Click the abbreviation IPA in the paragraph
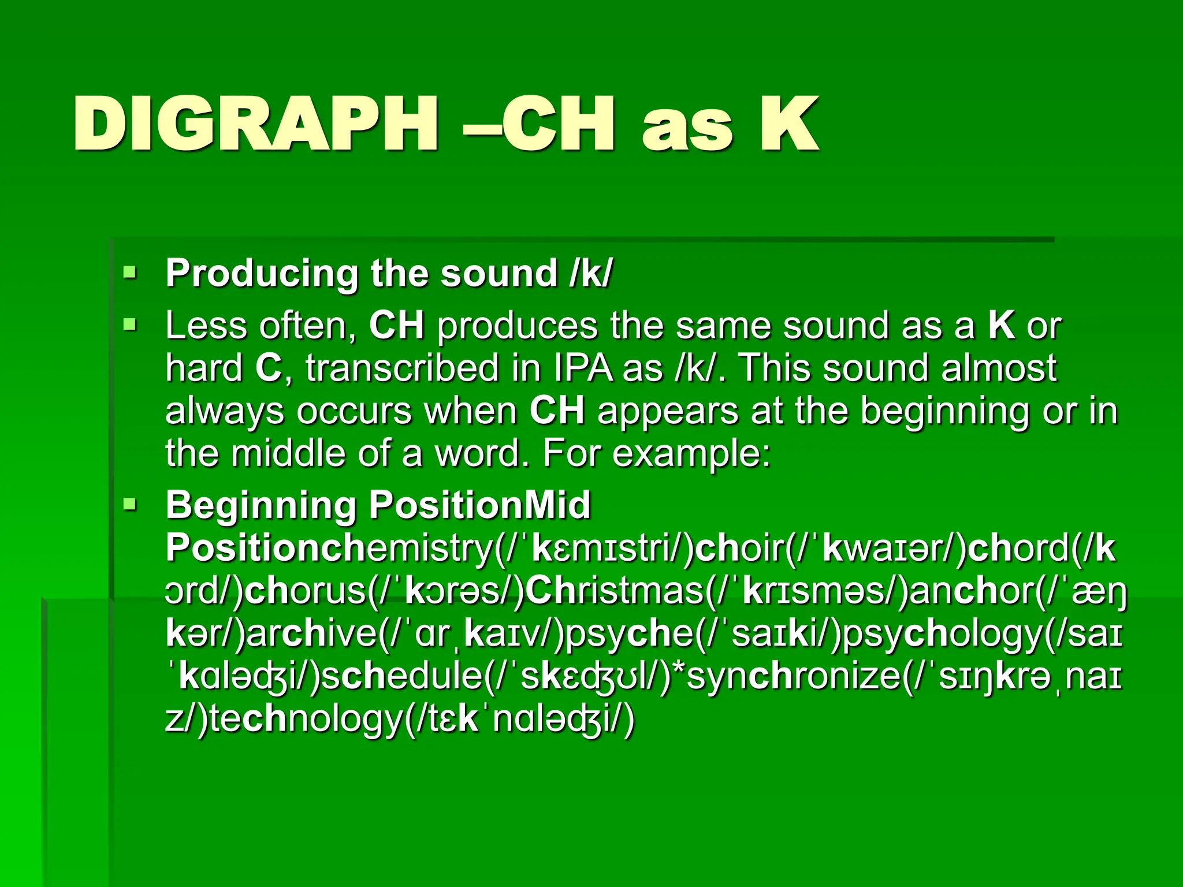point(583,368)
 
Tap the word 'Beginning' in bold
point(261,505)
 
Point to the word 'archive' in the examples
point(312,634)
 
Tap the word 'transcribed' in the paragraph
point(402,368)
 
